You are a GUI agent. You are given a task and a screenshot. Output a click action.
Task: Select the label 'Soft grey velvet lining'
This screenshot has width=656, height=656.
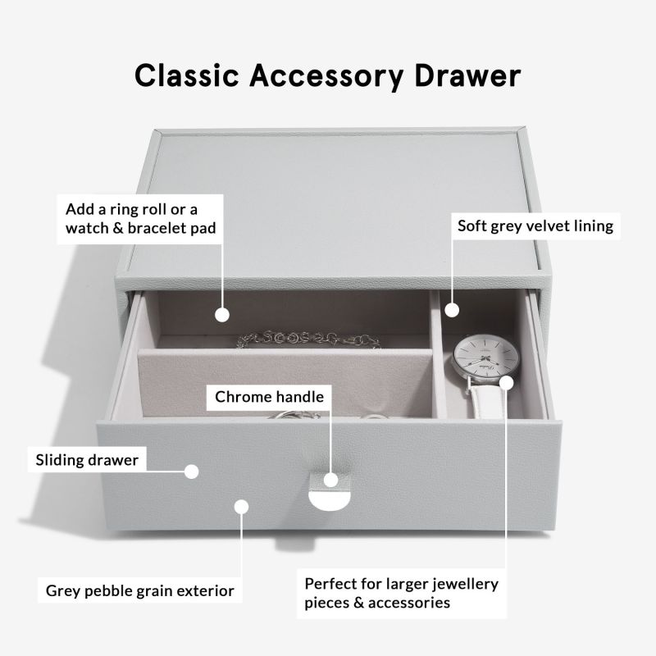[x=535, y=225]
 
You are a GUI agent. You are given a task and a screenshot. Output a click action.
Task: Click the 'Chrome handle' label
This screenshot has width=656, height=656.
[x=270, y=398]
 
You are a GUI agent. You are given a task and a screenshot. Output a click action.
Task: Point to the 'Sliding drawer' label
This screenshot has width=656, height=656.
[x=87, y=460]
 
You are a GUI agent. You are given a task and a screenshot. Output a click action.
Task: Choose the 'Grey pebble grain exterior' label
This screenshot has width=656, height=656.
[x=139, y=590]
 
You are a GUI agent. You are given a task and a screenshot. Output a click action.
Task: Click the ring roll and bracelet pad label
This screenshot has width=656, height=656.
[x=141, y=216]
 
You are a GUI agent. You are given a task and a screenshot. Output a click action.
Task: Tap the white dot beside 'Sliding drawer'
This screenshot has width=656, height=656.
[x=192, y=471]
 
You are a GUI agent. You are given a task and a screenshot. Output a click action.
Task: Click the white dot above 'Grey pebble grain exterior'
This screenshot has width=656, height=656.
[x=241, y=507]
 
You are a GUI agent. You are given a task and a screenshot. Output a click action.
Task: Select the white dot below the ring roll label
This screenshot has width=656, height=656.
[x=221, y=314]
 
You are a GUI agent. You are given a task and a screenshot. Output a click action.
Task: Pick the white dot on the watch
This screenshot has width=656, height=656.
[x=507, y=382]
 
